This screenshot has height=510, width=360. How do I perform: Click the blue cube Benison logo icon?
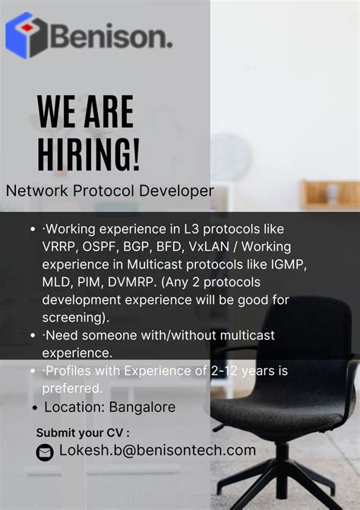tap(26, 35)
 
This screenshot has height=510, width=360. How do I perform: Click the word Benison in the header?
tap(111, 36)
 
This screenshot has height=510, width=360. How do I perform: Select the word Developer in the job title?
tap(175, 191)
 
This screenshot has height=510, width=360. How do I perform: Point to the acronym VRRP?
tap(61, 247)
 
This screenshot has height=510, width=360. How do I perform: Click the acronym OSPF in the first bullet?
tap(103, 247)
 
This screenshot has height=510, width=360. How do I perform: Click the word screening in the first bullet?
tap(73, 317)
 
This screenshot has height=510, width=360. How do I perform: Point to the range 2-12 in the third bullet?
tap(229, 371)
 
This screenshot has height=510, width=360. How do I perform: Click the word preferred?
tap(72, 388)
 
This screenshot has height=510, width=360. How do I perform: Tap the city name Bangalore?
tap(142, 407)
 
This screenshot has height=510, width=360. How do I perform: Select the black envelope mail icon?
tap(45, 452)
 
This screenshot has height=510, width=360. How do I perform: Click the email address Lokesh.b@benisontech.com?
tap(157, 451)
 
